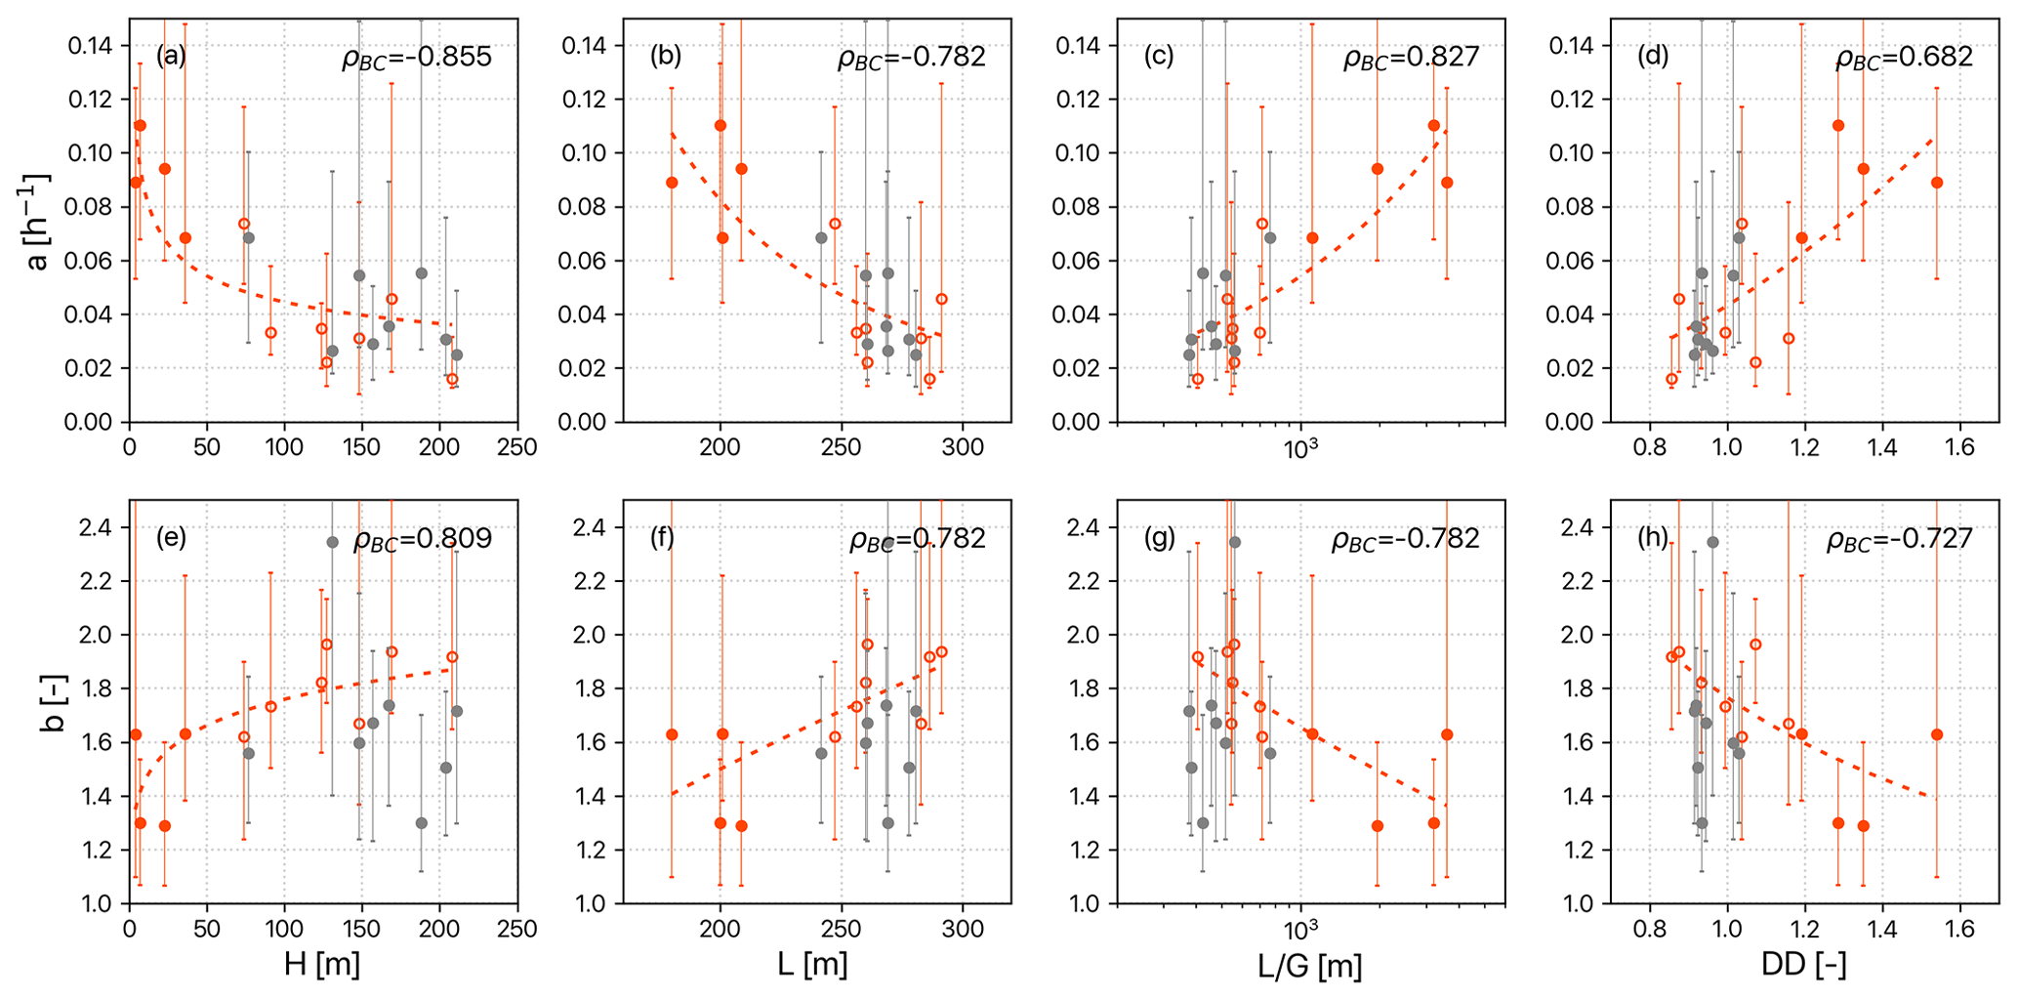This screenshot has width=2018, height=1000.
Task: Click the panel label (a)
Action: tap(171, 56)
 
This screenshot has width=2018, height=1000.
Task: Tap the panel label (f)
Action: tap(664, 537)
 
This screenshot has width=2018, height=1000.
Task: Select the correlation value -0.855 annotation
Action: tap(417, 58)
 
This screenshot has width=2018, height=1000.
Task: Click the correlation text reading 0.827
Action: tap(1412, 58)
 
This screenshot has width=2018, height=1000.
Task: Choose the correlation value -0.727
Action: tap(1899, 539)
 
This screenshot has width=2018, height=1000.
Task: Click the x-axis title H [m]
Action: tap(322, 965)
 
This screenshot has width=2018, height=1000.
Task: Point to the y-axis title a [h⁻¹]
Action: tap(39, 222)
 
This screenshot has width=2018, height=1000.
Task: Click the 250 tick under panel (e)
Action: tap(517, 928)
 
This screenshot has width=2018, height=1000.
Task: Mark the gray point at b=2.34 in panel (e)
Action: tap(332, 542)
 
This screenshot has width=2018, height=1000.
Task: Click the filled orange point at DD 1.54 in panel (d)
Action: tap(1937, 183)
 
